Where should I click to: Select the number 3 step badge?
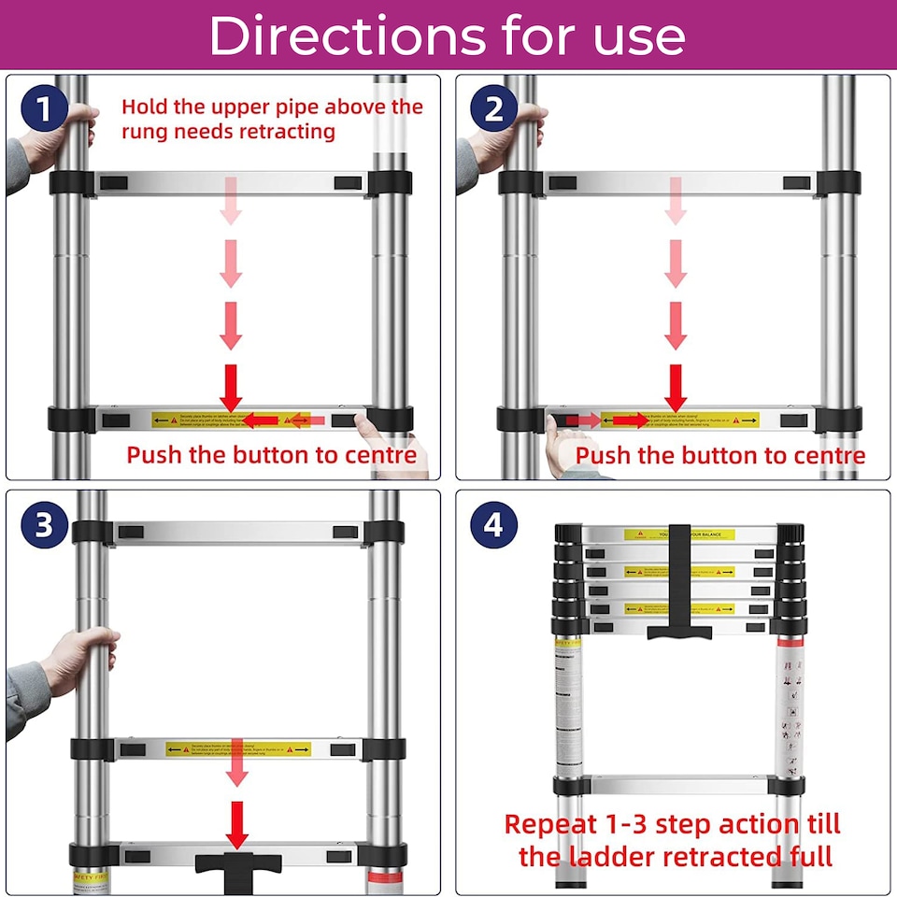click(x=42, y=525)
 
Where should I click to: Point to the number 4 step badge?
click(x=492, y=525)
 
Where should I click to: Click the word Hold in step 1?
click(x=144, y=107)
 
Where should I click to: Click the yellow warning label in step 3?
click(x=238, y=748)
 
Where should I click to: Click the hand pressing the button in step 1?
click(x=383, y=439)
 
